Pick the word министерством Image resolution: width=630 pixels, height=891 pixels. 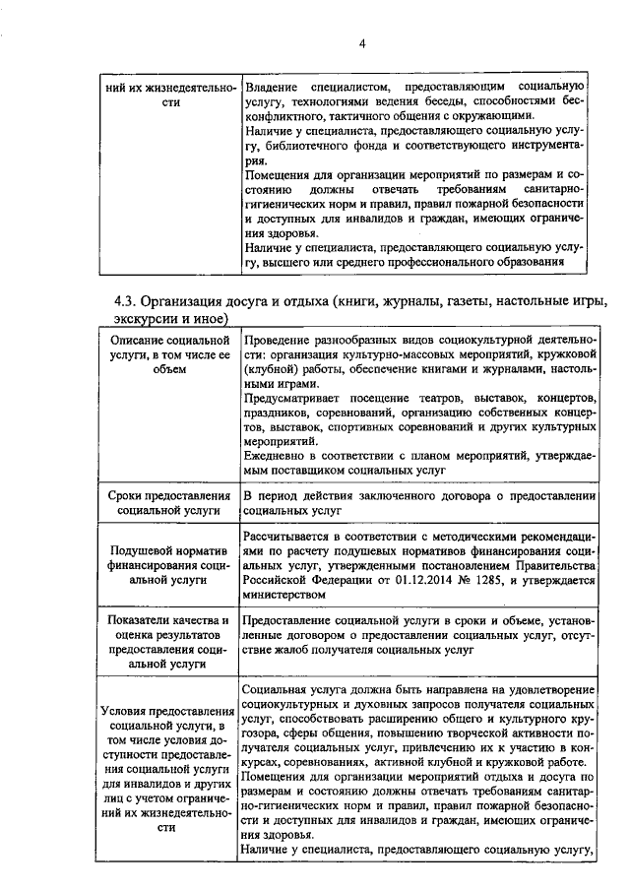(284, 595)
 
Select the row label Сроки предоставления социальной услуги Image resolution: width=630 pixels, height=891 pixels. (167, 503)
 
